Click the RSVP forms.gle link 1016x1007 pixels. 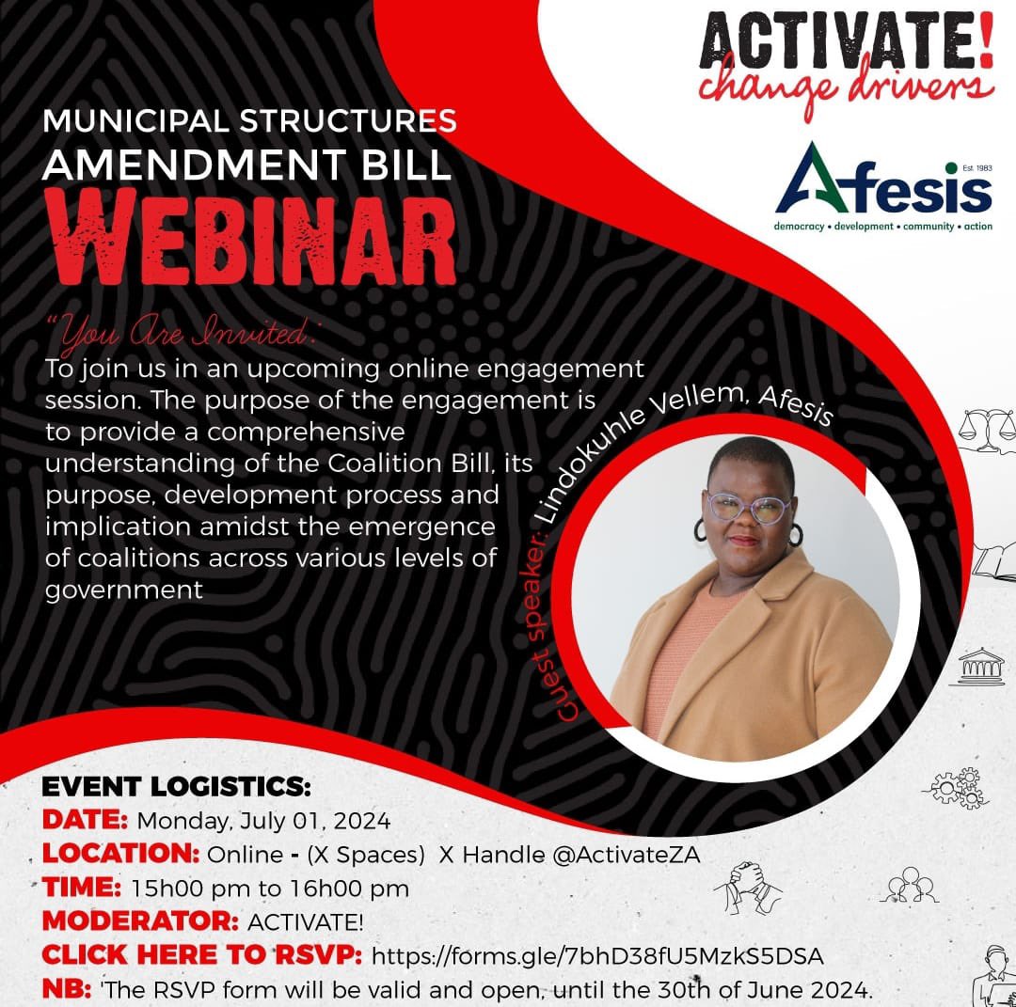click(597, 956)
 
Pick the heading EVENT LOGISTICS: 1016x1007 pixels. click(176, 787)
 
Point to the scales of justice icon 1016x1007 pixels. click(986, 428)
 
